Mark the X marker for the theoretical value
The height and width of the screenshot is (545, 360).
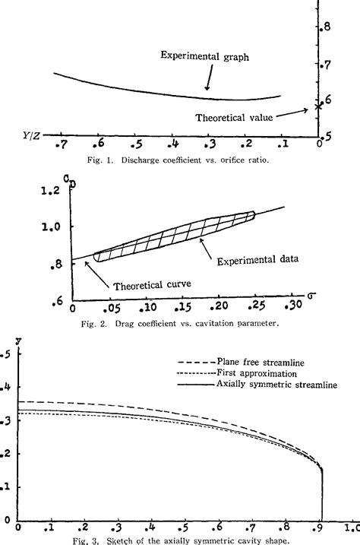click(x=319, y=106)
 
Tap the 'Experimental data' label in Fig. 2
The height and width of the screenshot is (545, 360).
click(x=257, y=258)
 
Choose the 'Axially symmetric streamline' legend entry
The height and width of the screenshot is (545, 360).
click(x=277, y=385)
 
